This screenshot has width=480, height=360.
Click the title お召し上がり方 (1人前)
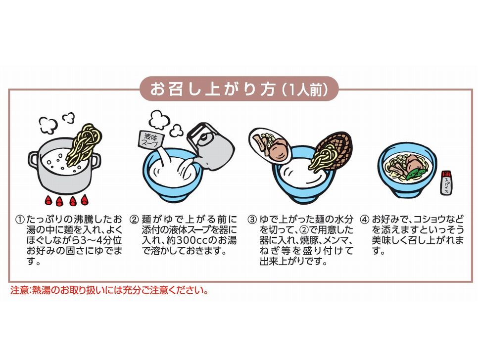[x=239, y=89]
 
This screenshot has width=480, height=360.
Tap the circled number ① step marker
[x=20, y=220]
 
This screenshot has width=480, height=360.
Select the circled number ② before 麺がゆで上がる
[x=134, y=220]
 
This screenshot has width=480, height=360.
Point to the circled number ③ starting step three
[x=252, y=220]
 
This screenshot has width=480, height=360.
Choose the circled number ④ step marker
[x=364, y=220]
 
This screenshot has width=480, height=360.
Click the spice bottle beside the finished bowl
[x=445, y=183]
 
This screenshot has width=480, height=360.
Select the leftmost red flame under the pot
[x=48, y=201]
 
